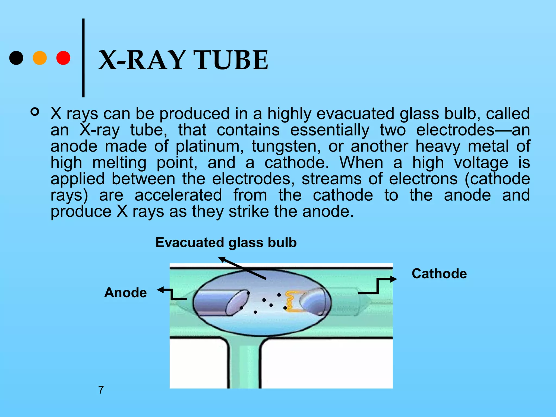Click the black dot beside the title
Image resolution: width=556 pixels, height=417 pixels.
coord(16,58)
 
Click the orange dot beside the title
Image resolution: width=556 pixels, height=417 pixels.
coord(40,58)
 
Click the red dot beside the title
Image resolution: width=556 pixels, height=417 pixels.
coord(63,58)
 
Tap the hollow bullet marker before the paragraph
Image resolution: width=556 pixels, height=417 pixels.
coord(35,112)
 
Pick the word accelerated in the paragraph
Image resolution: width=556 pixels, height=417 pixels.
coord(178,195)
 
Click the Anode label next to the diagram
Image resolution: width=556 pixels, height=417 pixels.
coord(125,293)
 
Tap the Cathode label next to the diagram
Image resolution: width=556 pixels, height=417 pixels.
coord(439,273)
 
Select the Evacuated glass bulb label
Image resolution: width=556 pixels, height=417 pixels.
coord(226,242)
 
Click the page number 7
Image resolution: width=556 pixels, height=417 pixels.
coord(101,390)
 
